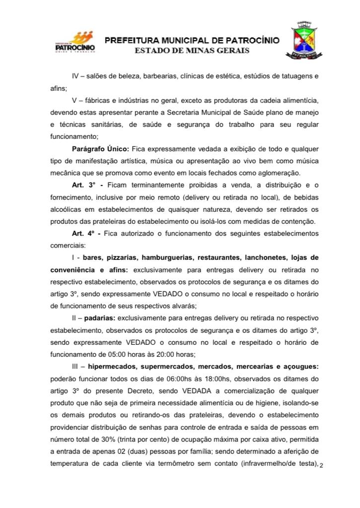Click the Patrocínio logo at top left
click(74, 43)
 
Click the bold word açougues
click(298, 365)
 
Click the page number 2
click(322, 465)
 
